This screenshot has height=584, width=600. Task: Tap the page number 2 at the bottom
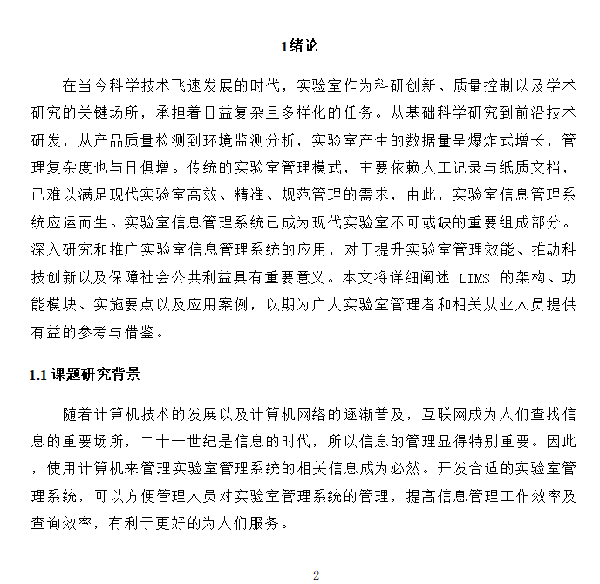[317, 574]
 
